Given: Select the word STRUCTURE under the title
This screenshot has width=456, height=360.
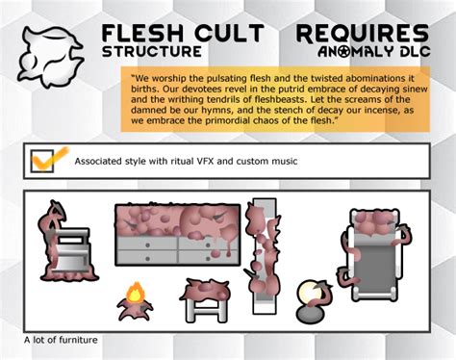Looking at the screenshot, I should pos(151,51).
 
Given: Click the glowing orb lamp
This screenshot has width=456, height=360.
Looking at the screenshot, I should pos(309,293).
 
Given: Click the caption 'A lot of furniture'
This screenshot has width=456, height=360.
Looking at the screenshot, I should pos(62,340).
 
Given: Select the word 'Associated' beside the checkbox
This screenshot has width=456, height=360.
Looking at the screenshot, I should pos(101,161).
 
